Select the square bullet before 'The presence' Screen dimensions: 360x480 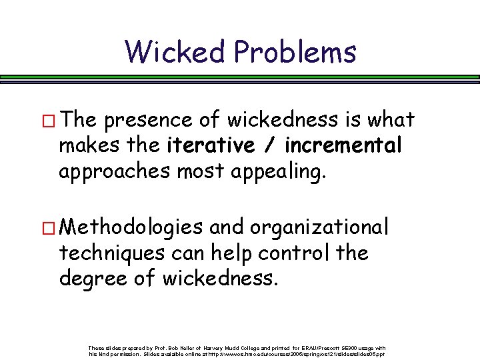(x=48, y=121)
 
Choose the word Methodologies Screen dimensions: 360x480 (x=131, y=228)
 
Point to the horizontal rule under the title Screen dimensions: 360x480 (x=240, y=77)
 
